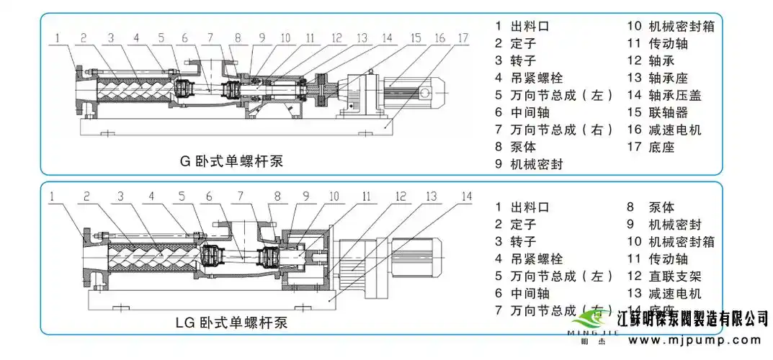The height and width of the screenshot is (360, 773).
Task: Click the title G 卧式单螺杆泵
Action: (231, 161)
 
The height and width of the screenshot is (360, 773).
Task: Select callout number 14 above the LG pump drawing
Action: (466, 196)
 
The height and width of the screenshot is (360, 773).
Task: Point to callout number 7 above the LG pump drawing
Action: (241, 196)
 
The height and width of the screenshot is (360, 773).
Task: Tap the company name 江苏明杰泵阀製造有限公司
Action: (694, 318)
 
